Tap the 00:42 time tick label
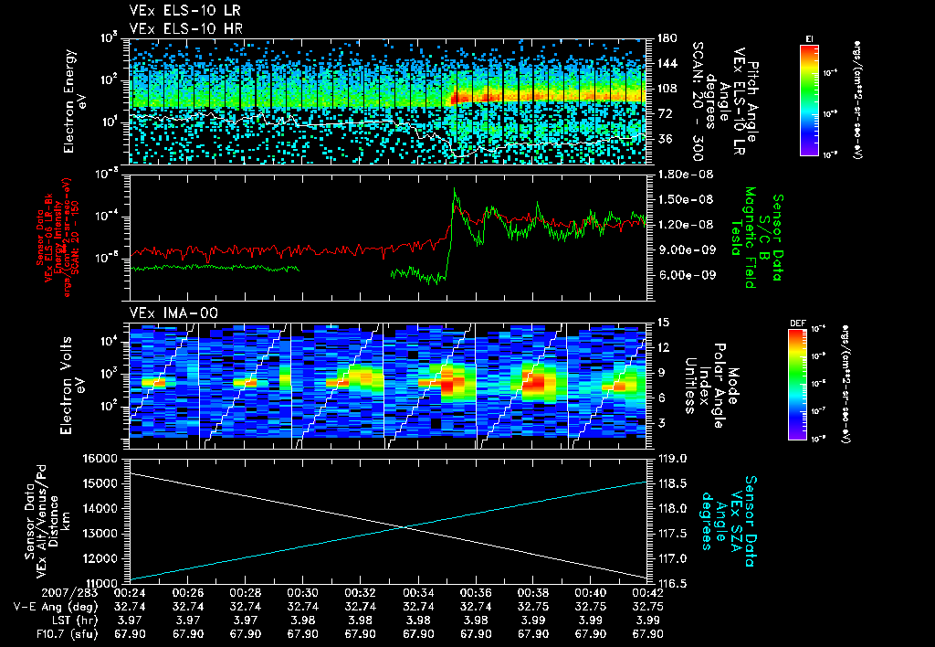point(645,592)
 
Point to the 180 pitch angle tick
point(665,38)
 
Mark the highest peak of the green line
point(455,189)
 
